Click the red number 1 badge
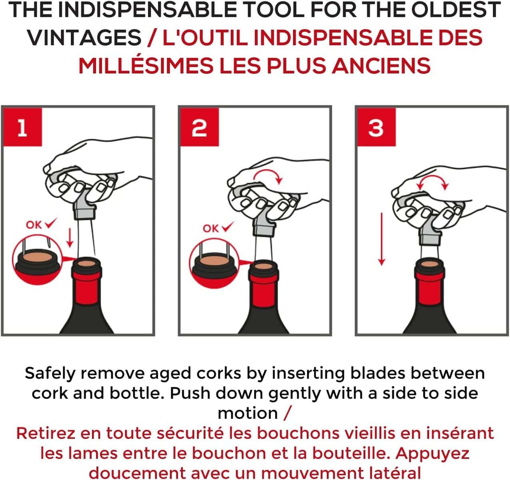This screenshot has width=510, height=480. [22, 127]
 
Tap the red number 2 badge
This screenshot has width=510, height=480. [200, 127]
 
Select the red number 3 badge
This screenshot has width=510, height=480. [376, 127]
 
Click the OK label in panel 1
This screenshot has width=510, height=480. [34, 225]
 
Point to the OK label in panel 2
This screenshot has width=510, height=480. [210, 228]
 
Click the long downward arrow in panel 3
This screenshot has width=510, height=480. [382, 239]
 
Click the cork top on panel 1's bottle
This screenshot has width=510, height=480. [86, 263]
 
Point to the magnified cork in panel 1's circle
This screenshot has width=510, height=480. [38, 257]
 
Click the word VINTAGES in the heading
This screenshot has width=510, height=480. [84, 38]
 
